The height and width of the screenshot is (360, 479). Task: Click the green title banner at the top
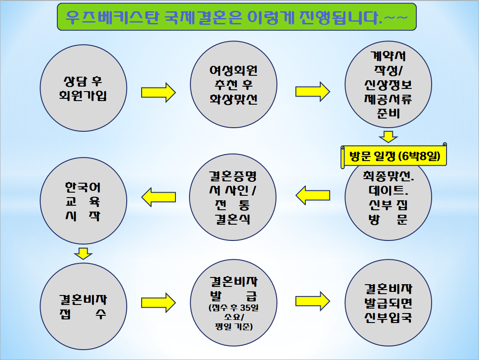tap(237, 17)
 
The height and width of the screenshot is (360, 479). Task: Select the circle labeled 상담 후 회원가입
tap(83, 88)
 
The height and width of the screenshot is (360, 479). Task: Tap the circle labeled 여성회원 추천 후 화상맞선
tap(234, 84)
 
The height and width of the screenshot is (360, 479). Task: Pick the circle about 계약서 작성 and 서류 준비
tap(388, 84)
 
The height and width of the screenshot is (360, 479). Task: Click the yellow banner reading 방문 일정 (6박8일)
tap(394, 156)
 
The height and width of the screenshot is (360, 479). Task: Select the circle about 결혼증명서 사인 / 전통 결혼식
tap(233, 197)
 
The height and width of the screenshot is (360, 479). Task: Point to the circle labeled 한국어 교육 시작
tap(83, 201)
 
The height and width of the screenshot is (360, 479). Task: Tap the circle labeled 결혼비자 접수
tap(83, 306)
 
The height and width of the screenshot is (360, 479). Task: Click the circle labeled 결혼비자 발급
tap(234, 303)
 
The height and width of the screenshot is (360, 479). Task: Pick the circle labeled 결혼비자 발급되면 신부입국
tap(388, 303)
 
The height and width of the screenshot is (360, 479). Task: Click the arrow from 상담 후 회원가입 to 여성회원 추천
tap(158, 92)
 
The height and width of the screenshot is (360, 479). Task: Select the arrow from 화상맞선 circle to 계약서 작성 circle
tap(313, 92)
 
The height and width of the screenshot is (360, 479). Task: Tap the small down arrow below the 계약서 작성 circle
tap(388, 137)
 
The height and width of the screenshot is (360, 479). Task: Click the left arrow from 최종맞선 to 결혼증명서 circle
tap(313, 195)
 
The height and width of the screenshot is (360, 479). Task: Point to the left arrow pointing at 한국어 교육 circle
tap(159, 197)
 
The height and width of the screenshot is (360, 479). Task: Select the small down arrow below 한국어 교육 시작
tap(83, 254)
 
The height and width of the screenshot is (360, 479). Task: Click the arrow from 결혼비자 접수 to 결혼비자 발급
tap(158, 303)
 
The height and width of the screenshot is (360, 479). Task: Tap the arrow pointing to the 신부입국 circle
tap(313, 301)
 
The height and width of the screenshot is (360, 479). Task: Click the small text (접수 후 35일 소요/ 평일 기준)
tap(234, 317)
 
